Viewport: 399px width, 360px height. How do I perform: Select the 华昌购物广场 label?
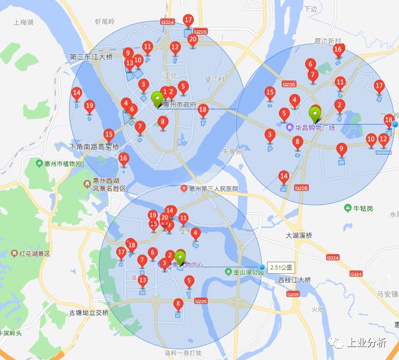coord(315,128)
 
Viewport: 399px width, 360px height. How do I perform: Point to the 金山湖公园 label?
coord(244,272)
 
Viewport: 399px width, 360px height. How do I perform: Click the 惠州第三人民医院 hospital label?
coord(213,189)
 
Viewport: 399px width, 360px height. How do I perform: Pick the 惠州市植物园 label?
coord(62,164)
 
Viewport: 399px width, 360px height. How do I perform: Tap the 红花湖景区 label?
coord(35,253)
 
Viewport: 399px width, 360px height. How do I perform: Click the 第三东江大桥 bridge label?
coord(92,57)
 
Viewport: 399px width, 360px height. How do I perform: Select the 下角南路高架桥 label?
coord(94,147)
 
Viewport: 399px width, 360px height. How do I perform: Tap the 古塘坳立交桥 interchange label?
coord(89,313)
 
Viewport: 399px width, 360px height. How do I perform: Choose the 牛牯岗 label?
coord(362,208)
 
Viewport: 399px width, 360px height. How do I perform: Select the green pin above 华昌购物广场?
coord(315,114)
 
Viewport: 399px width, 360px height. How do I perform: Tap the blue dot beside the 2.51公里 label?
coord(262,267)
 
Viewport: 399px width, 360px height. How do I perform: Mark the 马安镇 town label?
coord(388,294)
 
